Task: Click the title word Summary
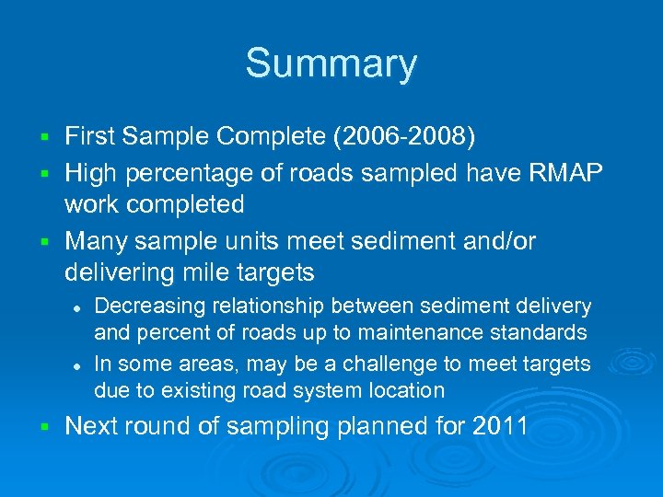click(331, 64)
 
